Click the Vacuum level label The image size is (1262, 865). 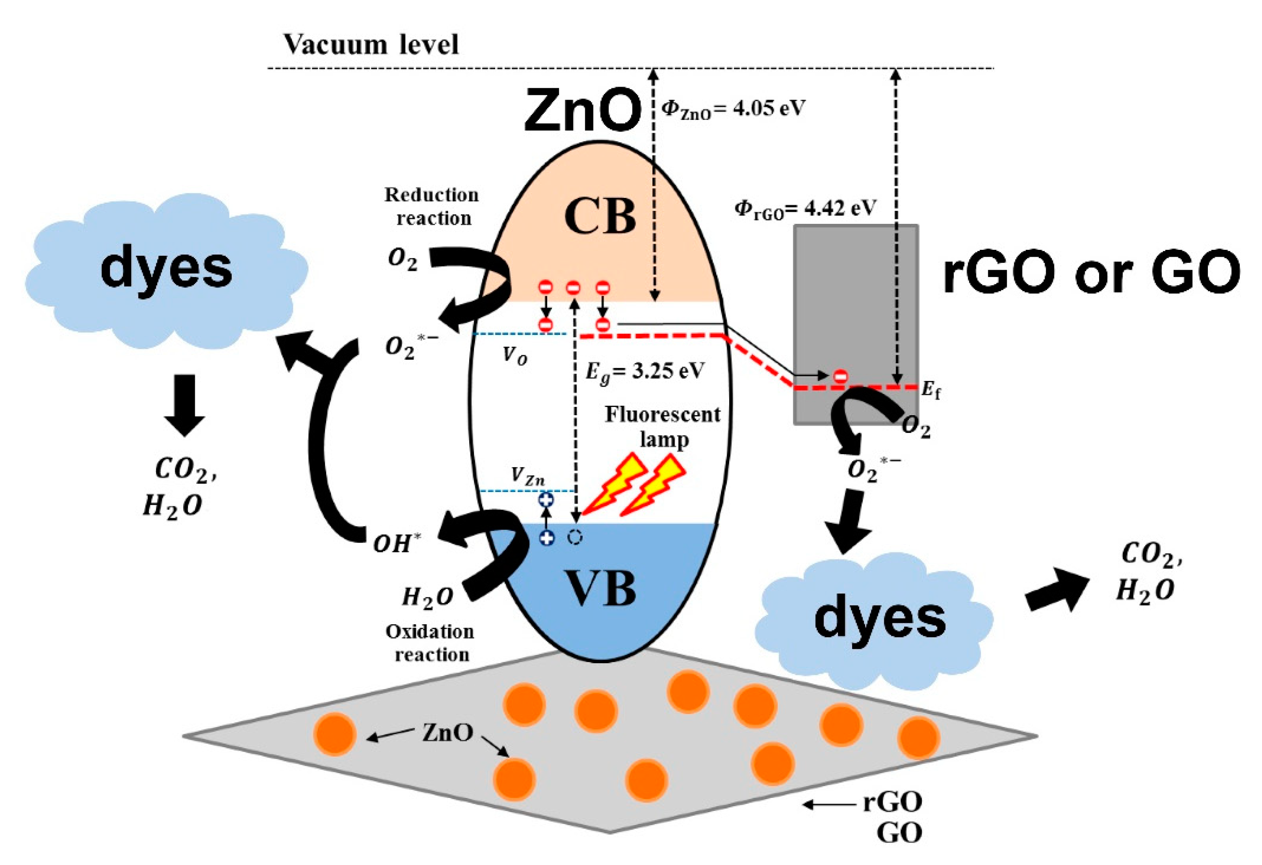371,45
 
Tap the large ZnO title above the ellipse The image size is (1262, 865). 583,111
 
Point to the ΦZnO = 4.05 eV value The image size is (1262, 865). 733,109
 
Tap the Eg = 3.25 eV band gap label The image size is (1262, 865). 645,372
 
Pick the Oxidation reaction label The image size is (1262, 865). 431,643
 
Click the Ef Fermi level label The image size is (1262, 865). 931,390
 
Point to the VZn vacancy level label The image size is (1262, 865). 527,476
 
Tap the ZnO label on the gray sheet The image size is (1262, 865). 448,733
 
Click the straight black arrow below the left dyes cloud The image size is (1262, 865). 185,405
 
